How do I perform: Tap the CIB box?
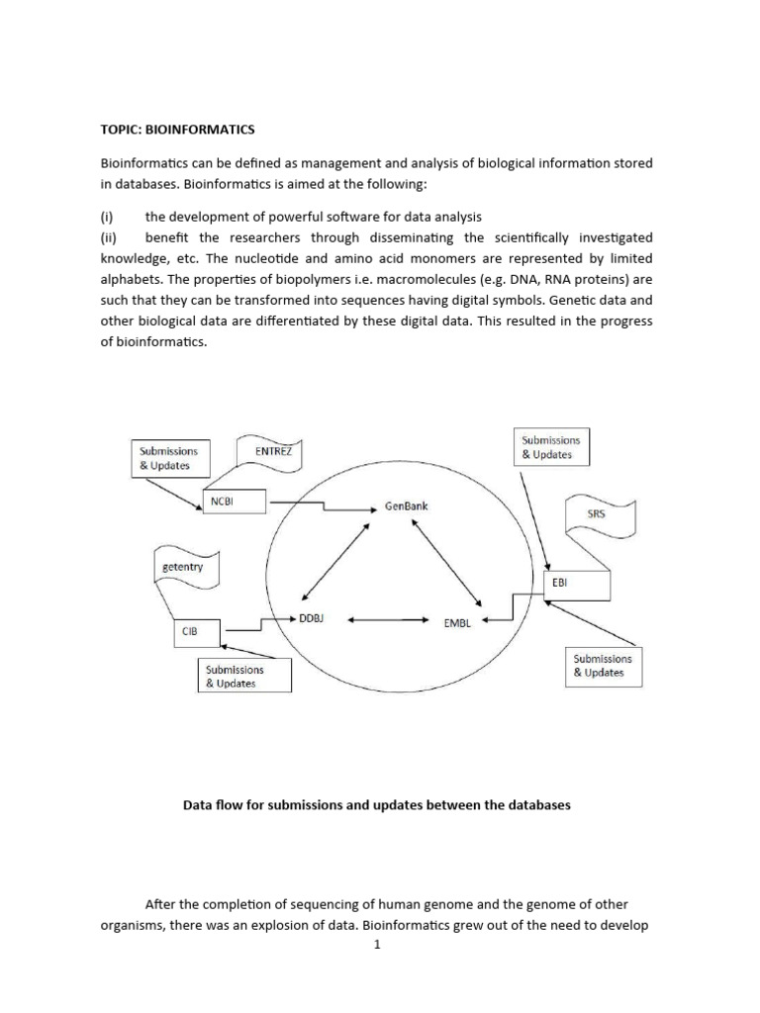click(193, 628)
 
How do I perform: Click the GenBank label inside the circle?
click(406, 506)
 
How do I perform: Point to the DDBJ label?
click(312, 618)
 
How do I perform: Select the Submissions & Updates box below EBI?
click(603, 666)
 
